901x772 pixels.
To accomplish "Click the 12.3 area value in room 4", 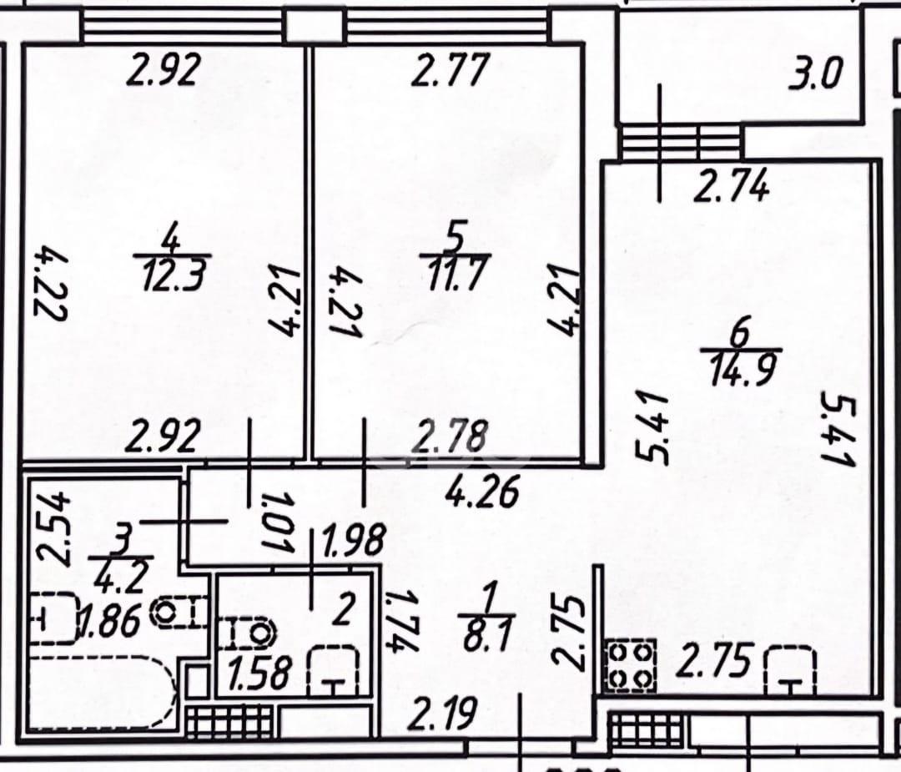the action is click(x=172, y=275).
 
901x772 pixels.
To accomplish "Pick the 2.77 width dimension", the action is click(x=450, y=69).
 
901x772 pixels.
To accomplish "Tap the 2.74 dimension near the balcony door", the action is click(x=731, y=186).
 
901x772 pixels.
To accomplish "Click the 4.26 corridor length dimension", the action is click(x=483, y=492).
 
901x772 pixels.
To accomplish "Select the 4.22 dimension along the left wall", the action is click(x=53, y=283).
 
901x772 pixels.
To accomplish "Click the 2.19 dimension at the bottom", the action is click(x=445, y=714).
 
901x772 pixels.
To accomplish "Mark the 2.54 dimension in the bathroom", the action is click(x=53, y=529).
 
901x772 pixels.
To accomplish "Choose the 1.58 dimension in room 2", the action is click(x=260, y=674).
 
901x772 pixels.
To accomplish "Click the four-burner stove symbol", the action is click(x=630, y=664).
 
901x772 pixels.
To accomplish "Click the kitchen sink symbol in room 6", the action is click(x=791, y=670).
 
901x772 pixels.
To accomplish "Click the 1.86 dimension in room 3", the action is click(x=110, y=623).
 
